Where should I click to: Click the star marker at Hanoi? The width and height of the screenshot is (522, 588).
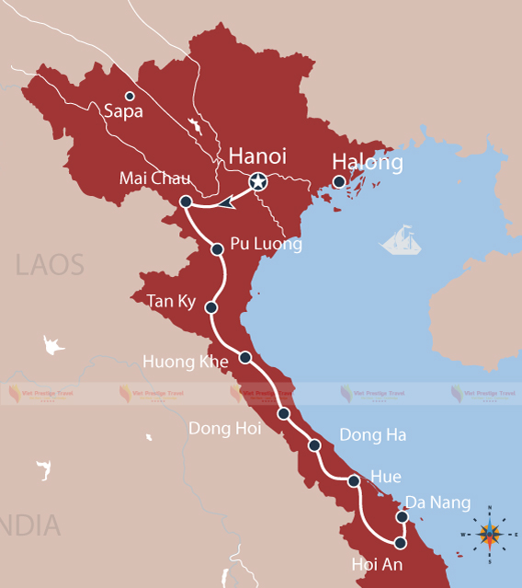258,182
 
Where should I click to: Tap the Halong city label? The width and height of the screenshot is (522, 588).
368,163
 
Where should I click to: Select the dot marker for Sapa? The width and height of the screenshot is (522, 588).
130,96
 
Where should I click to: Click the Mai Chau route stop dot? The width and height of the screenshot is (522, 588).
186,202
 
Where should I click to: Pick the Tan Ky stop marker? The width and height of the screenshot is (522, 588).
211,307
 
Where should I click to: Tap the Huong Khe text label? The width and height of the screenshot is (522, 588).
185,362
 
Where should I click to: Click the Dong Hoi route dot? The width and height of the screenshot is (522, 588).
284,414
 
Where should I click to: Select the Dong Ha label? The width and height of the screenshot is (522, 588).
372,434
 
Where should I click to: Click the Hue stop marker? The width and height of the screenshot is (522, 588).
354,480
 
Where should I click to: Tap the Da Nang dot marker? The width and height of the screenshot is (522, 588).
401,516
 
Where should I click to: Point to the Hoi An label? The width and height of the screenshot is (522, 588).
377,564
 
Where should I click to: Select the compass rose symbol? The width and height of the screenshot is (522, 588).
490,533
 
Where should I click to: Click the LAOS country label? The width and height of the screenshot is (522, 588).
50,265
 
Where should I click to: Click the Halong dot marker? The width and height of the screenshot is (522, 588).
339,182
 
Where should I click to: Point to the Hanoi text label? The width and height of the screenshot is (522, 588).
257,156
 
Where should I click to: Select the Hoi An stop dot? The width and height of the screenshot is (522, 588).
401,542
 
